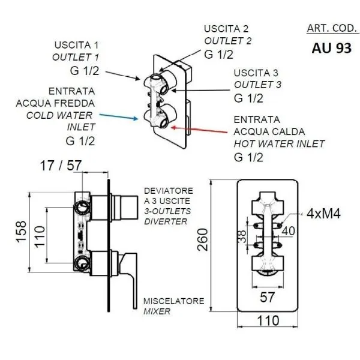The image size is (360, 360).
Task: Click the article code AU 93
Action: (x=331, y=49)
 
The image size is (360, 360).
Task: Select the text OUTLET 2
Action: (x=227, y=41)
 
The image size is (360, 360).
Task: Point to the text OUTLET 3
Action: (x=257, y=85)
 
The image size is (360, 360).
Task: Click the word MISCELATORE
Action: (x=174, y=301)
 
